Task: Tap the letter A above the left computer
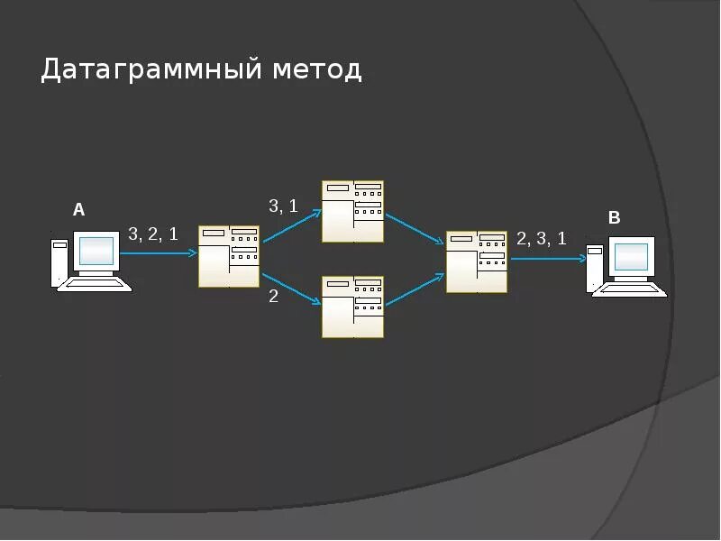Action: pyautogui.click(x=78, y=210)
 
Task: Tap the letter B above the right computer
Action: pyautogui.click(x=614, y=218)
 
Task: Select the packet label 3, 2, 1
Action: pyautogui.click(x=153, y=234)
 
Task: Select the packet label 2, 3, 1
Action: pyautogui.click(x=541, y=238)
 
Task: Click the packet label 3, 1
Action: pyautogui.click(x=283, y=206)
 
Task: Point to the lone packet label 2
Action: pyautogui.click(x=273, y=296)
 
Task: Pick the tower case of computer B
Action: pyautogui.click(x=595, y=268)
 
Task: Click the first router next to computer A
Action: pyautogui.click(x=229, y=256)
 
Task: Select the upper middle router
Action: pyautogui.click(x=353, y=211)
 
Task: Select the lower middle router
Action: pyautogui.click(x=353, y=307)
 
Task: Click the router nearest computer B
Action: pyautogui.click(x=477, y=261)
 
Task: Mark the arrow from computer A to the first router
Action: pyautogui.click(x=158, y=253)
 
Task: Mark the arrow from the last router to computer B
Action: pyautogui.click(x=548, y=259)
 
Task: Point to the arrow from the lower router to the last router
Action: pyautogui.click(x=415, y=289)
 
